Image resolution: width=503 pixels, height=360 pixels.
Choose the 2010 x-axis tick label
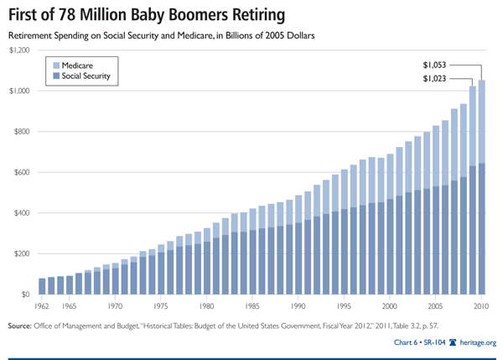click(x=480, y=308)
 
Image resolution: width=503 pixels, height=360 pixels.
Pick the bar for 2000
click(x=389, y=227)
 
